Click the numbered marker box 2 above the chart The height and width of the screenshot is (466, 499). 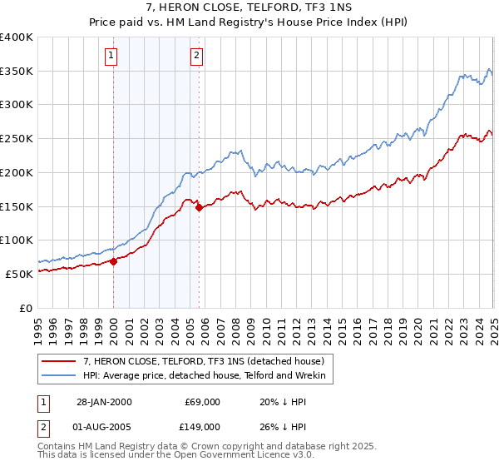click(x=196, y=57)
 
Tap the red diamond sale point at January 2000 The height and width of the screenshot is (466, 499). click(x=113, y=260)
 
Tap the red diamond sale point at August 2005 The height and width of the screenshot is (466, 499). click(x=199, y=208)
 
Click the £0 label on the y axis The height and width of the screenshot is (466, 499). click(x=26, y=307)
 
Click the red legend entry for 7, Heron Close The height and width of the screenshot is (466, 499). click(x=208, y=361)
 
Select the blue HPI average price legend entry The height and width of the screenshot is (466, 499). click(x=208, y=376)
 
